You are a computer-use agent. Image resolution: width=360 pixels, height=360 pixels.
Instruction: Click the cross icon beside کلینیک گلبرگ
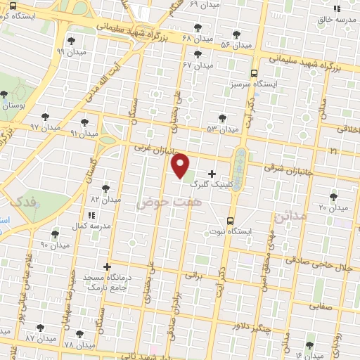point(212,173)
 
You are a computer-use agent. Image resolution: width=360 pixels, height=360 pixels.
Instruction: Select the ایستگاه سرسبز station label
point(254,83)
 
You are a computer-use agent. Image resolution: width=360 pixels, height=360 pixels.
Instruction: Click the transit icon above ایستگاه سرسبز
point(254,72)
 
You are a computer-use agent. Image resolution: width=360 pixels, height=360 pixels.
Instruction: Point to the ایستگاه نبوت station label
point(231,231)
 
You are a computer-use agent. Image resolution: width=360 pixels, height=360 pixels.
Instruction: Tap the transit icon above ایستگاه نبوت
point(231,220)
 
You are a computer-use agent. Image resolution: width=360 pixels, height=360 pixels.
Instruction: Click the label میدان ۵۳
point(223,129)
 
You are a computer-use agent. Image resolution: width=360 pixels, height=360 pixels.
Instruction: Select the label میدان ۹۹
point(70,51)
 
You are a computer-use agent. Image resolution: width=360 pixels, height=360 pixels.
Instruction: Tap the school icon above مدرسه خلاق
point(337,9)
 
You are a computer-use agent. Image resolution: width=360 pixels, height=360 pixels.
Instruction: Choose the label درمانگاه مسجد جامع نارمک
point(107,281)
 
